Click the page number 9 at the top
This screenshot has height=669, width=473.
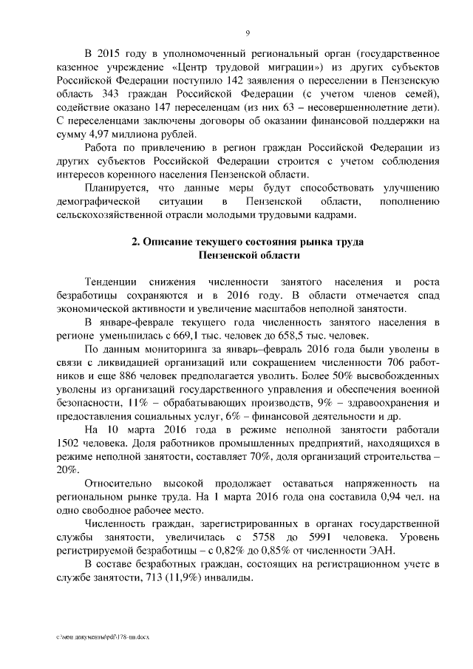pos(248,33)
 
